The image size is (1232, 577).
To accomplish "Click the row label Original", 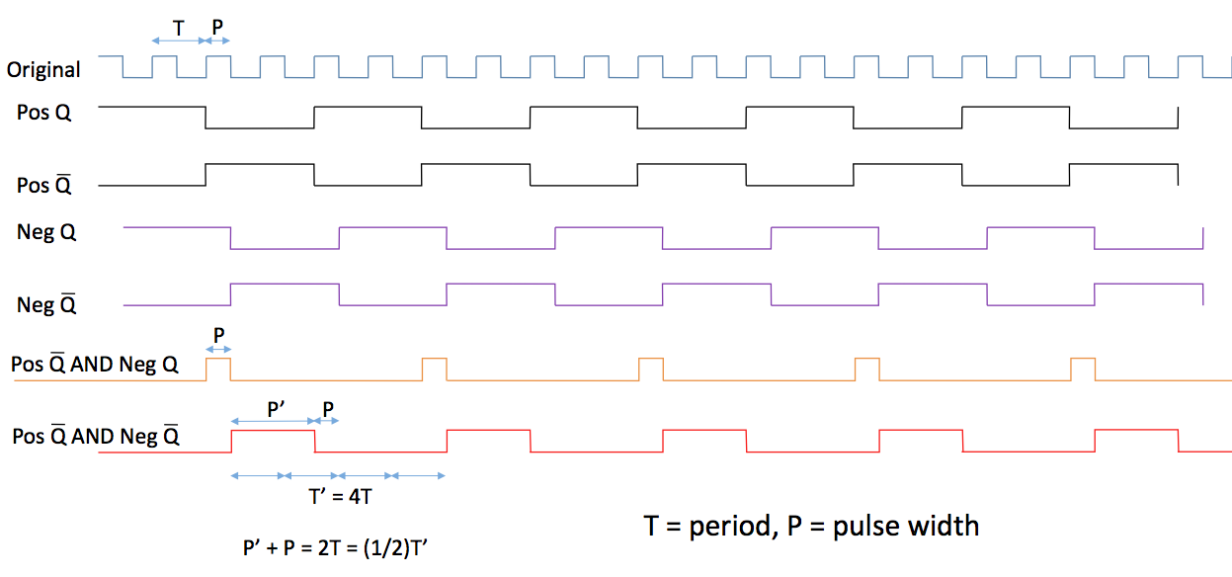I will (43, 70).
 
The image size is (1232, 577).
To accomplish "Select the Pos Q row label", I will (43, 113).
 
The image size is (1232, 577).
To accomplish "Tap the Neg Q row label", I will (46, 233).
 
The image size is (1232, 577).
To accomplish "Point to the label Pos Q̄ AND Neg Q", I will (95, 364).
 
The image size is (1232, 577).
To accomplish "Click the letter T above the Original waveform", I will (178, 28).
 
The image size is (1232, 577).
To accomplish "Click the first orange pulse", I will (217, 369).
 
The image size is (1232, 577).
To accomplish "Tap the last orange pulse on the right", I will (1083, 369).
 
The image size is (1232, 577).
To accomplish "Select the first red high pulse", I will (273, 432).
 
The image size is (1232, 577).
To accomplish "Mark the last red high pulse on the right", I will (1136, 431).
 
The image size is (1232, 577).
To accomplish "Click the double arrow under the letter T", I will (178, 41).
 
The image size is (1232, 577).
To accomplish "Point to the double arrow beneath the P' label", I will (273, 421).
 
